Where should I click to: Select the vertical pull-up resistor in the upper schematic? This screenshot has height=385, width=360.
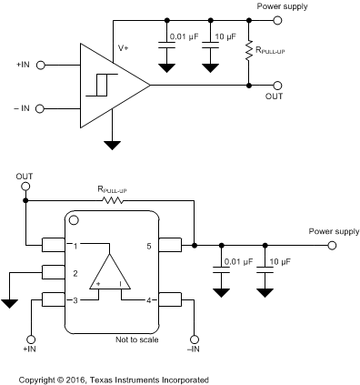pos(248,52)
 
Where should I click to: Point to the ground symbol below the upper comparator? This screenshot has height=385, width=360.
pos(112,144)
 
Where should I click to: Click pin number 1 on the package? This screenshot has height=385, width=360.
pos(76,246)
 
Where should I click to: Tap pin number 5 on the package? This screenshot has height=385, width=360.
pos(148,246)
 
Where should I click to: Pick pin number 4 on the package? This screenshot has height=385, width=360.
pos(148,299)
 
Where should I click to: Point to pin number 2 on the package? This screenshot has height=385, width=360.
pos(76,272)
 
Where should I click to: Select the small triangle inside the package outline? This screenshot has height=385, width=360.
pos(112,272)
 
